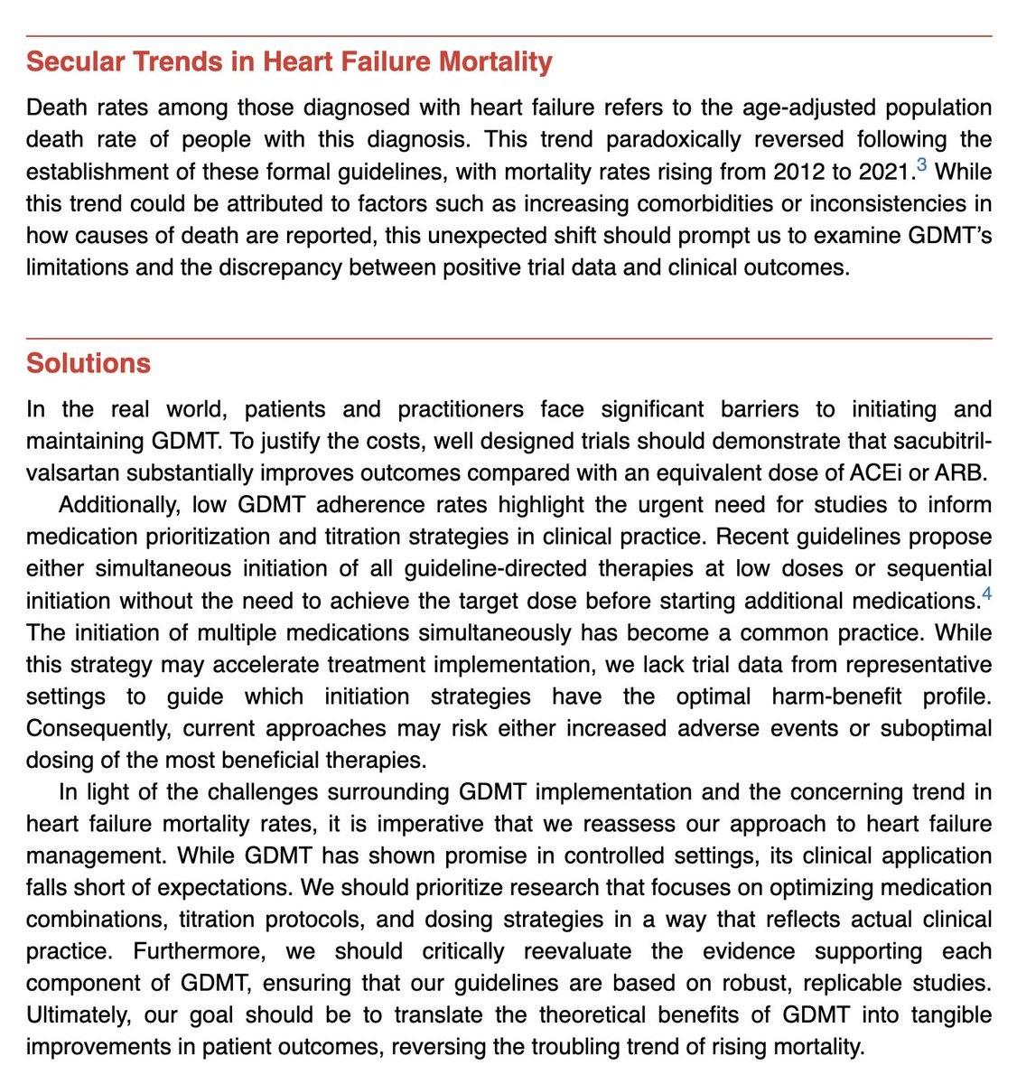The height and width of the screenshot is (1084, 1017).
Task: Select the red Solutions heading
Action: click(x=89, y=363)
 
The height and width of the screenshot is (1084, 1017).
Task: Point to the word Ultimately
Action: click(x=83, y=1016)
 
